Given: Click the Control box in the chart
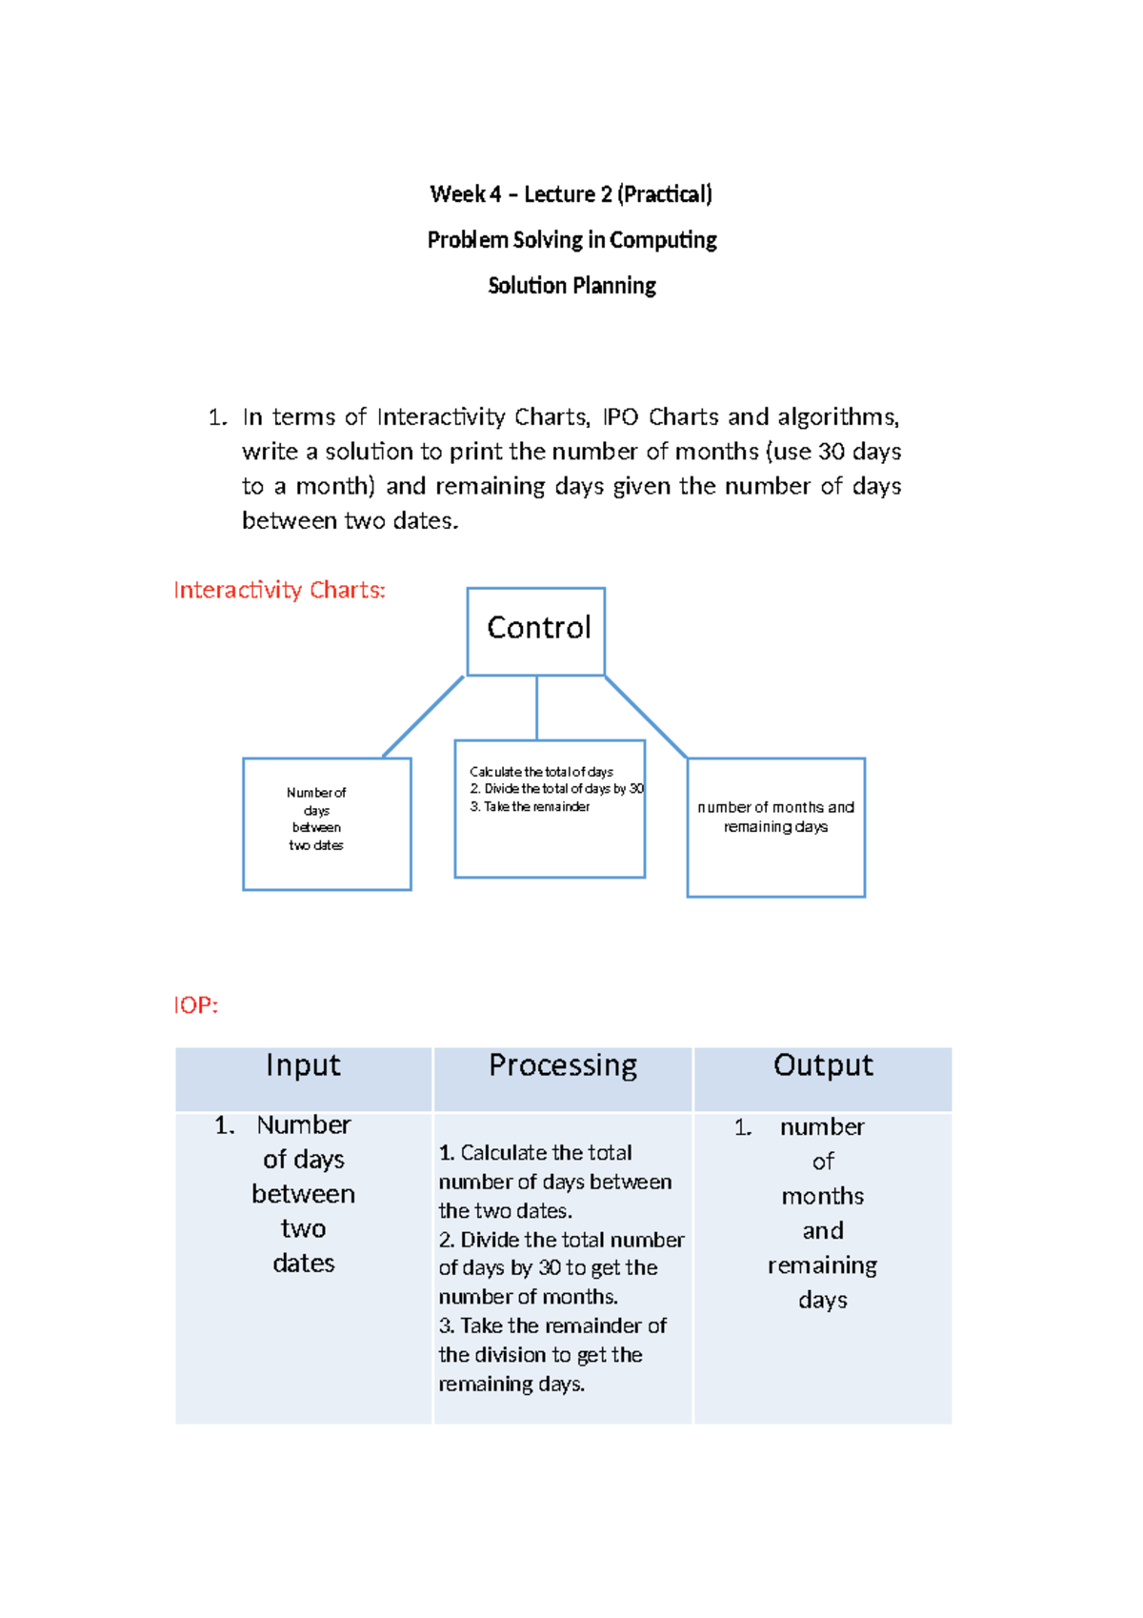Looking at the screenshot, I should point(536,631).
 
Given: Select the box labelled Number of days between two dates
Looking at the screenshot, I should point(327,823).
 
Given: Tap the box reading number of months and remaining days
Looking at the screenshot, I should point(775,826).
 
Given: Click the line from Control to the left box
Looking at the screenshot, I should point(423,717).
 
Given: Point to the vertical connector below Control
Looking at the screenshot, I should point(537,708).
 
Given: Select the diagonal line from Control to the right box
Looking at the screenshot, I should point(646,717).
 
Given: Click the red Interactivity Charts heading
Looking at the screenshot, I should point(279,591).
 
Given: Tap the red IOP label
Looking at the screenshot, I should point(196,1005).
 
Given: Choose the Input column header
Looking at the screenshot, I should point(303,1065).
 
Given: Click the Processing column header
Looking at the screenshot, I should point(563,1065).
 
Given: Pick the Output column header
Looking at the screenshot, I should point(823,1065).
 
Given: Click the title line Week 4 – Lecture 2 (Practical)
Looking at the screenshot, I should point(571,194).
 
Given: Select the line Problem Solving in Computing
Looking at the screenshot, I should point(571,240).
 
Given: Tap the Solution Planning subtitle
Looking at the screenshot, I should point(571,286).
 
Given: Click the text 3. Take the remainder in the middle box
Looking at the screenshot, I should point(530,807).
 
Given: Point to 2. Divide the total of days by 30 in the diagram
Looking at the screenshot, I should point(556,789).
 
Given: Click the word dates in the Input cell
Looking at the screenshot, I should point(304,1264).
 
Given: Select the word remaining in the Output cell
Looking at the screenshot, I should point(822,1265).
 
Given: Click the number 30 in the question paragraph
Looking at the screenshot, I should point(832,452).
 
